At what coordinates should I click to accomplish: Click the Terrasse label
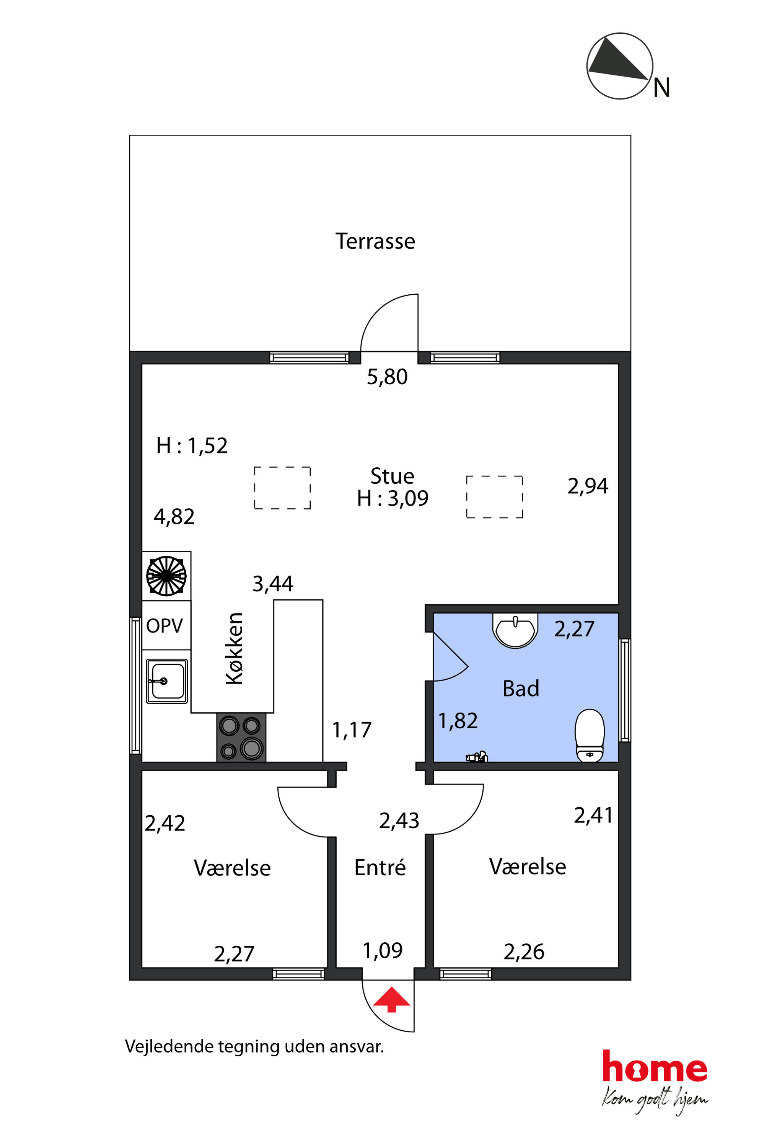(x=375, y=241)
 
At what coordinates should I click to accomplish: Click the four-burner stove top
(x=241, y=737)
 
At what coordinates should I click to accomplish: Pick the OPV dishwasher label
(x=164, y=626)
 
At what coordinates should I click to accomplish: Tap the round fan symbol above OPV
(x=166, y=576)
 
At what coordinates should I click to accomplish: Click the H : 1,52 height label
(x=192, y=445)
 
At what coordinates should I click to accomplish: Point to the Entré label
(x=380, y=867)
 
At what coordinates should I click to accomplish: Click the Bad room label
(x=520, y=689)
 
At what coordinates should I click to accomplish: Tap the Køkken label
(x=234, y=648)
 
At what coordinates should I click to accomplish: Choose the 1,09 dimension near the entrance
(x=383, y=951)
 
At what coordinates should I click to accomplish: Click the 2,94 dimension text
(x=588, y=486)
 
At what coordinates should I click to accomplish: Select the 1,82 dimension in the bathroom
(x=458, y=721)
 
